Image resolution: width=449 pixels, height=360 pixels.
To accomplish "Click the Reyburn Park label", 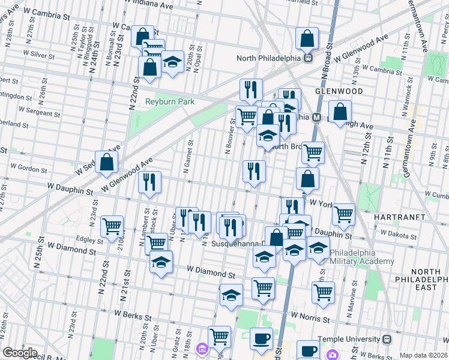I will pos(170,102).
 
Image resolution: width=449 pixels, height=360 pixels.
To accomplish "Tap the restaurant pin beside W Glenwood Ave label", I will pos(149,182).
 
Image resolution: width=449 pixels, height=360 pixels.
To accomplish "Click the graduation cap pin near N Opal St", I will pos(172,62).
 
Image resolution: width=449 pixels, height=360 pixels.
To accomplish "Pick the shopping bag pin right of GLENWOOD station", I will pos(340,112).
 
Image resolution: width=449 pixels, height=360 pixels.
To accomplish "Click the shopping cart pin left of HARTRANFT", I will pos(343,214).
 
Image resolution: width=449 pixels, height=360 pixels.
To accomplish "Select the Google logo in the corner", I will pos(20,353).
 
